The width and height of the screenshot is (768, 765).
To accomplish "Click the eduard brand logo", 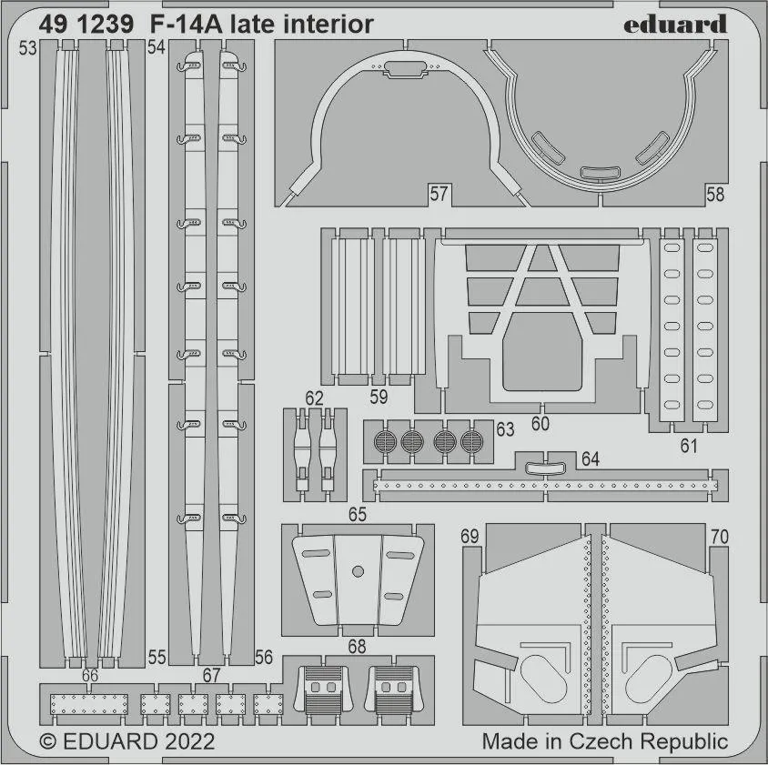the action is (x=675, y=24).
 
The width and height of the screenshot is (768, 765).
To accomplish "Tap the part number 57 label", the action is (x=439, y=194).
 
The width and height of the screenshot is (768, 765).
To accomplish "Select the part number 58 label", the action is (x=715, y=195).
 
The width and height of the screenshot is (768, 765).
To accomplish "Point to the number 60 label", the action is (x=540, y=424).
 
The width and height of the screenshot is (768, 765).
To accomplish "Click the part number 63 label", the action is (x=505, y=429).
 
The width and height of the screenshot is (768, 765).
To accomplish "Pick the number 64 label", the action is (x=591, y=458).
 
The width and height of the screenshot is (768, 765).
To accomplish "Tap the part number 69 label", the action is (x=470, y=537).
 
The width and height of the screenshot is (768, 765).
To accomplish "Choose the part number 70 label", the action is (x=720, y=537).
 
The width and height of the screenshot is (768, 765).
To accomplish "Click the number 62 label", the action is (x=314, y=398).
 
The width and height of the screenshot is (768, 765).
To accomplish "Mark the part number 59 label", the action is (x=379, y=397).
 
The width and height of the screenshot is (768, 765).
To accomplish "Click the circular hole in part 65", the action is (x=358, y=571).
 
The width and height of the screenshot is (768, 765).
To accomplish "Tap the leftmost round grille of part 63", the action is (x=385, y=441).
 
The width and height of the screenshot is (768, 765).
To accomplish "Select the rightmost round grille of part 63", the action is (x=471, y=441).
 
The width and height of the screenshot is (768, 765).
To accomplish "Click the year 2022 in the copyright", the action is (x=189, y=741).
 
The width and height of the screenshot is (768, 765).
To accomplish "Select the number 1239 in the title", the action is (x=106, y=24).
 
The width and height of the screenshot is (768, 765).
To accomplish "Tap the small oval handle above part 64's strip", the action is (x=545, y=468).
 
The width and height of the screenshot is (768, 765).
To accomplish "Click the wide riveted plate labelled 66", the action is (x=88, y=704).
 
